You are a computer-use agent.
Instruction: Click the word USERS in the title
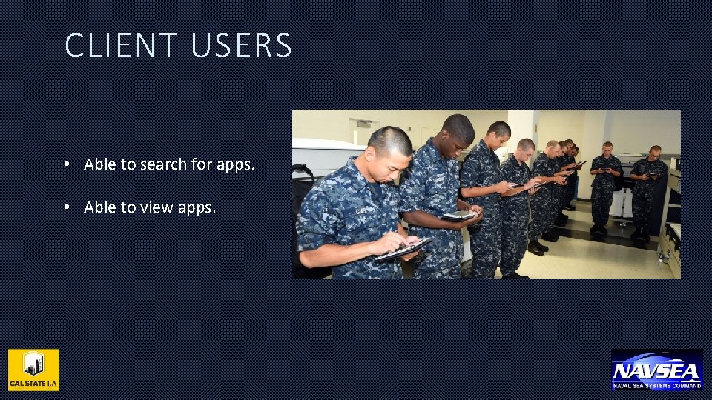click(x=241, y=46)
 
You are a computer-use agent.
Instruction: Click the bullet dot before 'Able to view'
click(x=67, y=208)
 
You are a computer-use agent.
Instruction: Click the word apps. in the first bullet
click(x=235, y=164)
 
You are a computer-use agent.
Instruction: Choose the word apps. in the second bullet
click(x=197, y=207)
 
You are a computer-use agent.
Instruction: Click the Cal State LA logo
click(x=33, y=370)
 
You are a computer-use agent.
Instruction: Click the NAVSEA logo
click(x=656, y=370)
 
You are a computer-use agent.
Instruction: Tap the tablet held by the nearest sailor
click(x=402, y=250)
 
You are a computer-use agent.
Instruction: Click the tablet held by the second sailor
click(x=460, y=215)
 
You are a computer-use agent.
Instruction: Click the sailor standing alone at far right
click(x=648, y=189)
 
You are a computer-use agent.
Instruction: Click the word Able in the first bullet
click(x=99, y=164)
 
